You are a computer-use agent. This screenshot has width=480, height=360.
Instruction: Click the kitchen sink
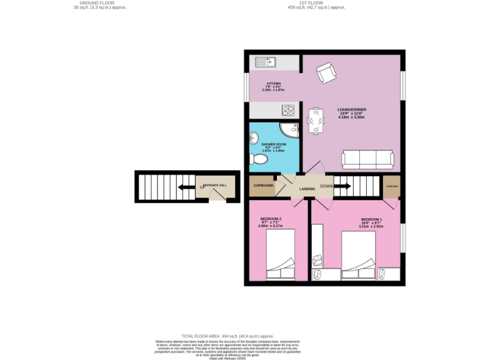(264, 62)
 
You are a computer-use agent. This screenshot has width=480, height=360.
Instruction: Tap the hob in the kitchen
(289, 111)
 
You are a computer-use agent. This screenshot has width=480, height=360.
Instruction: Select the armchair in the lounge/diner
(325, 73)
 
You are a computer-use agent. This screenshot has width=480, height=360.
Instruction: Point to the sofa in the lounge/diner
(367, 159)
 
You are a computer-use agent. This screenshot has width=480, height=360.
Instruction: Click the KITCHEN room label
(274, 83)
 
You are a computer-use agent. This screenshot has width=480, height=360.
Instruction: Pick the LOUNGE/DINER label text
(352, 109)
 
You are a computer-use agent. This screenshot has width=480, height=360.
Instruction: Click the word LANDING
(306, 188)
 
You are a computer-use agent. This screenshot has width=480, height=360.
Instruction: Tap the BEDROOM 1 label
(372, 219)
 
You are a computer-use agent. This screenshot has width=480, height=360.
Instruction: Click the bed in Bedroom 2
(281, 255)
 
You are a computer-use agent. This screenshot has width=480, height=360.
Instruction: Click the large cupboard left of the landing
(262, 186)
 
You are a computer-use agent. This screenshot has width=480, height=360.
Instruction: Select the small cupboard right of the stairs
(392, 186)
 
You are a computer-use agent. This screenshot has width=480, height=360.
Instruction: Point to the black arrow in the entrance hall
(186, 186)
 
